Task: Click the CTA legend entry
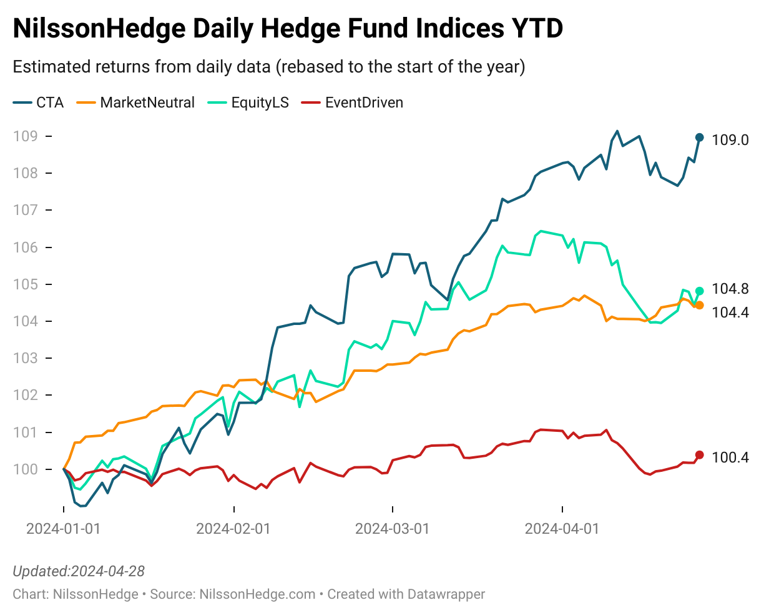tap(39, 103)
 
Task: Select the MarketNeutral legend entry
tap(136, 103)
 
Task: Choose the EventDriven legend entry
tap(353, 103)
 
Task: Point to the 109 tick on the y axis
tap(26, 136)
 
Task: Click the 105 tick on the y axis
tap(26, 284)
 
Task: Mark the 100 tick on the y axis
tap(26, 469)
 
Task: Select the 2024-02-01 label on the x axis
tap(233, 529)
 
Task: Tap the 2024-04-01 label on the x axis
tap(562, 529)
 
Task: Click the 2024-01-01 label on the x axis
tap(63, 529)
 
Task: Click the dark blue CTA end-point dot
tap(699, 137)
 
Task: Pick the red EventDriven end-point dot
tap(699, 455)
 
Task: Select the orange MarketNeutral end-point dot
tap(700, 306)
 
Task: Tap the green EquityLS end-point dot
tap(699, 291)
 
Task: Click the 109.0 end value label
tap(730, 140)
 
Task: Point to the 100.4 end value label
tap(730, 457)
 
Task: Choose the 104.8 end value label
tap(730, 289)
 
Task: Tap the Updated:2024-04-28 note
tap(79, 571)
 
